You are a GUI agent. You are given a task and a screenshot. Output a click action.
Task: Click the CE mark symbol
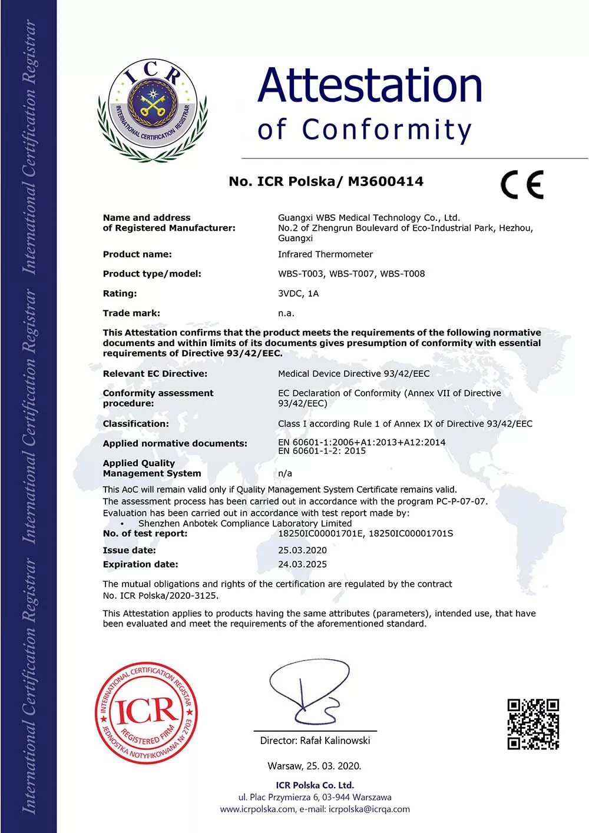click(x=522, y=185)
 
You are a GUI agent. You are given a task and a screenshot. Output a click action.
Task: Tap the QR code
click(x=533, y=724)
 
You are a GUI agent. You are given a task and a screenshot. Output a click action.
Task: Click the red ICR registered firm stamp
click(x=146, y=713)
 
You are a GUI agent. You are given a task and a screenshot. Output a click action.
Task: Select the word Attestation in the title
click(x=370, y=85)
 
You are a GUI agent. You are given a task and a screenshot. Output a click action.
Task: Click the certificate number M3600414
click(x=386, y=181)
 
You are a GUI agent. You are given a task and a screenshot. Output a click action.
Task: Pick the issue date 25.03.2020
click(x=302, y=550)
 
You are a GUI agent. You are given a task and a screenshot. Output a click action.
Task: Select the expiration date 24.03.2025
click(x=302, y=564)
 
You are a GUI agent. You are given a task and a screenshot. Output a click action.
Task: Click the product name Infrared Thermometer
click(x=325, y=254)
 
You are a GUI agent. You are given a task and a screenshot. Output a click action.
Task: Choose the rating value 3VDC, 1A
click(x=298, y=294)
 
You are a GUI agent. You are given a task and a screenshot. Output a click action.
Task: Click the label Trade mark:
click(x=131, y=313)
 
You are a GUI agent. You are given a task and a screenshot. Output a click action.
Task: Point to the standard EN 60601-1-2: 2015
click(x=322, y=451)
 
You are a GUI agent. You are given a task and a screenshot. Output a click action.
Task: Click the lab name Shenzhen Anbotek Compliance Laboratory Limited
click(x=245, y=523)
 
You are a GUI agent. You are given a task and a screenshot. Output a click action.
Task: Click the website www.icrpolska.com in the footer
click(x=257, y=809)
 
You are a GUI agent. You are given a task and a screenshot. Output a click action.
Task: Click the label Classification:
click(x=135, y=424)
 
